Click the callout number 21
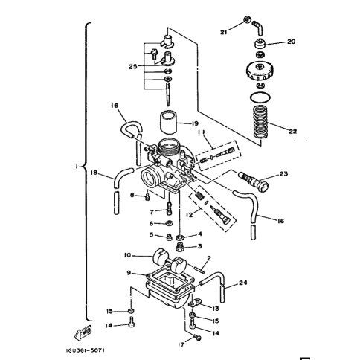[x=224, y=32]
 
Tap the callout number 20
[x=292, y=42]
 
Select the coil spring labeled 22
[x=260, y=121]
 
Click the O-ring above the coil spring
[x=260, y=97]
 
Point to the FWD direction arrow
[x=83, y=332]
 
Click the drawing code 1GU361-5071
[x=85, y=350]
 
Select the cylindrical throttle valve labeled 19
[x=168, y=122]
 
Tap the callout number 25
[x=132, y=66]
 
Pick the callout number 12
[x=189, y=215]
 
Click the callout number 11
[x=201, y=132]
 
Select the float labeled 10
[x=170, y=263]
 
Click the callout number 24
[x=243, y=283]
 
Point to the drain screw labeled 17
[x=197, y=338]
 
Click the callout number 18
[x=94, y=173]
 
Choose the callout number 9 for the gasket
[x=129, y=273]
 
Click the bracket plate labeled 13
[x=196, y=303]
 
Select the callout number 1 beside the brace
[x=77, y=167]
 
